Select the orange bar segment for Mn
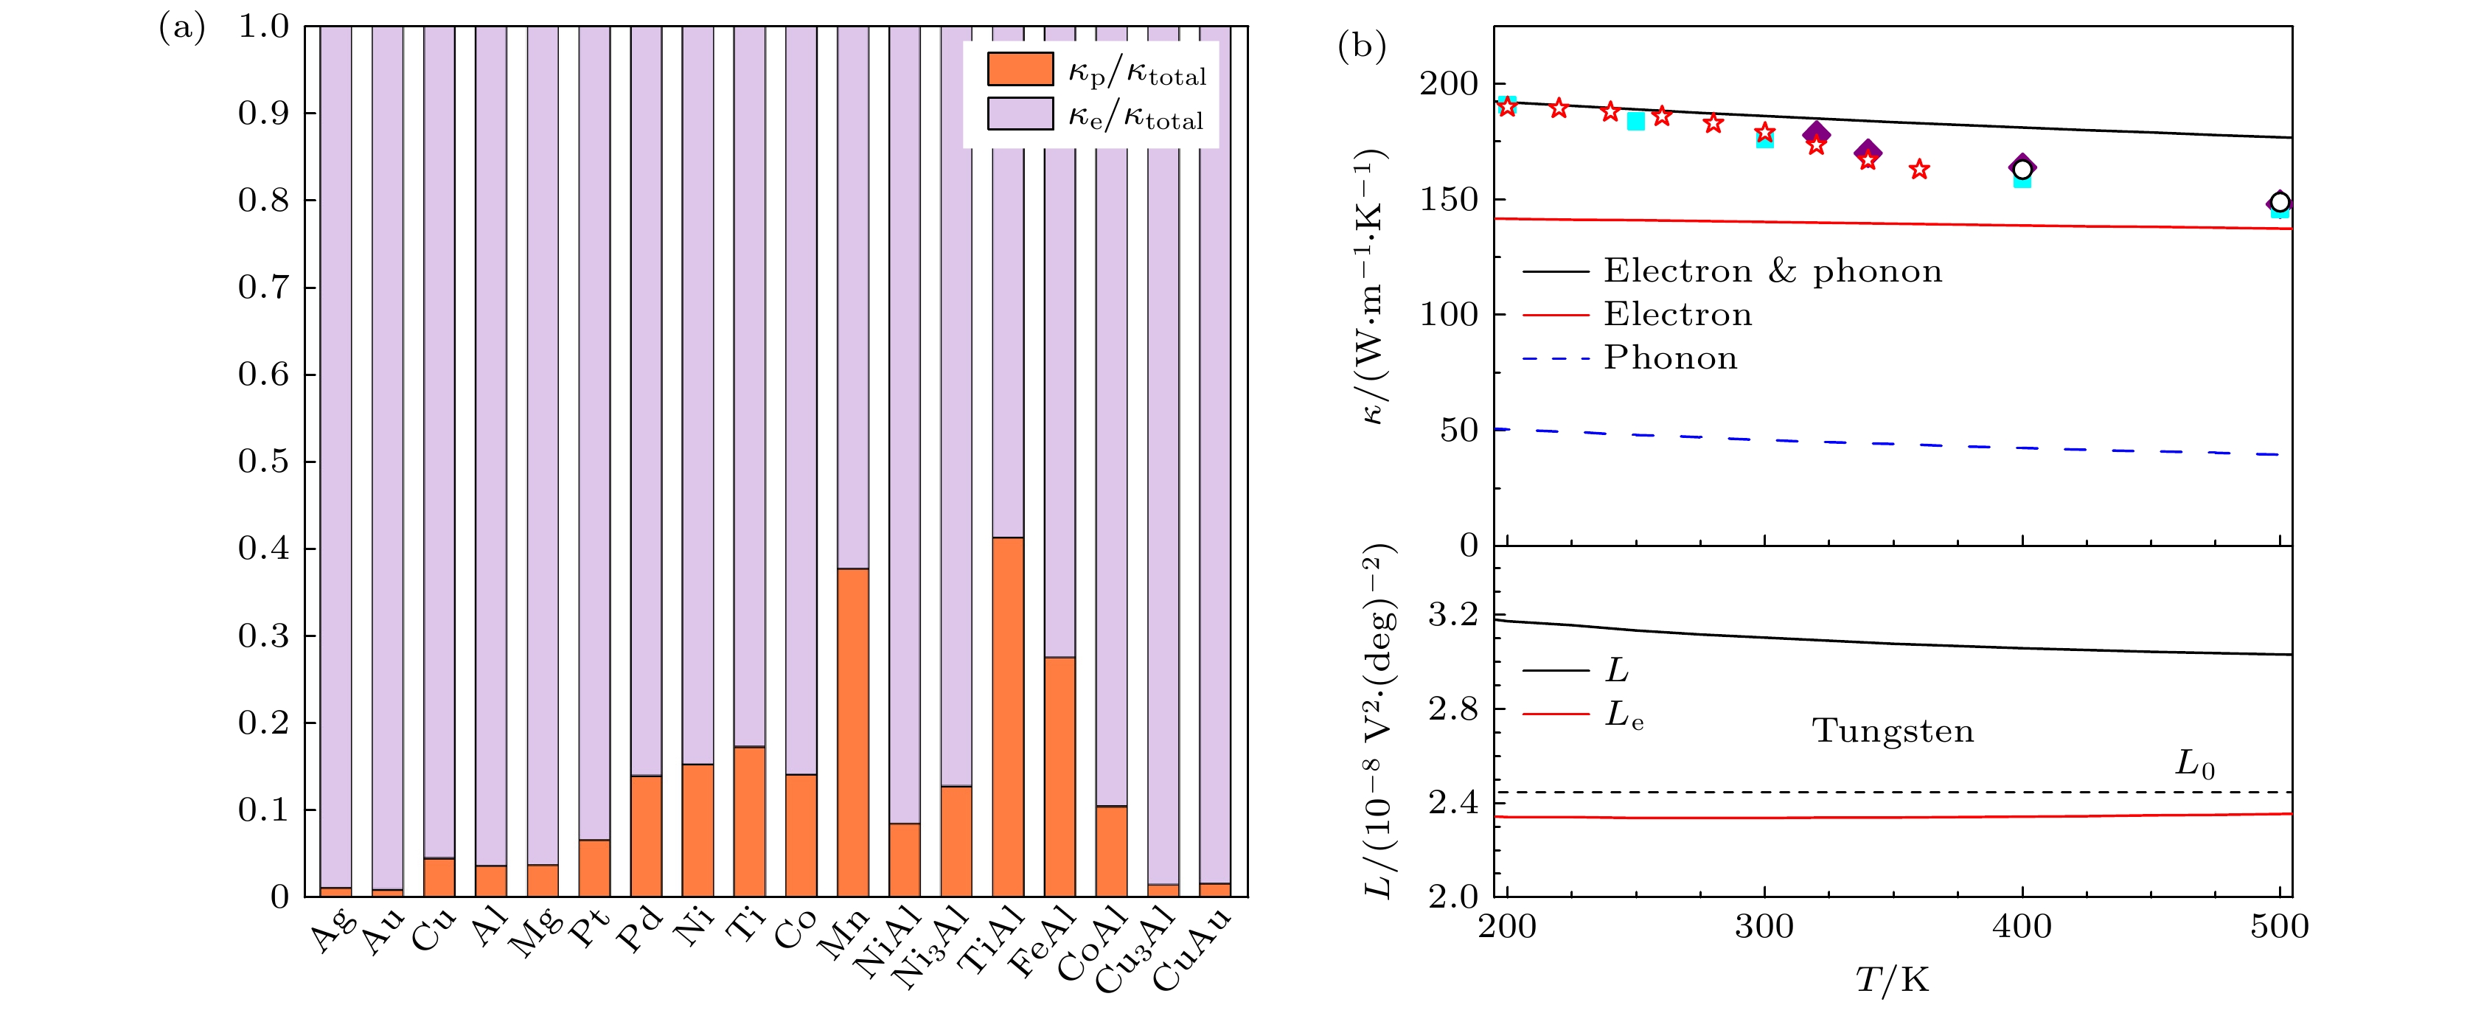852,733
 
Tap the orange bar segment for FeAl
1059,776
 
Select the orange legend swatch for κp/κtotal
1020,70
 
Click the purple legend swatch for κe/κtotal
1020,114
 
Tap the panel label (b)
1361,46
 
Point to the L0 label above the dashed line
2194,764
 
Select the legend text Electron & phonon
1772,271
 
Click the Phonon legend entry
1670,358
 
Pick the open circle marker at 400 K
2022,170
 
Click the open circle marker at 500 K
2279,202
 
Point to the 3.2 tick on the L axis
1452,616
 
